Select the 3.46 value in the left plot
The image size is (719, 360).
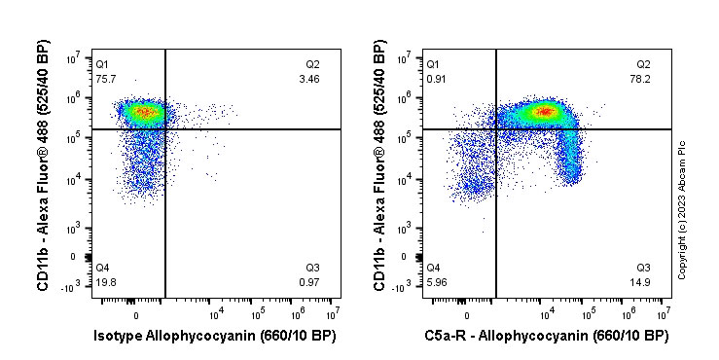[x=311, y=79]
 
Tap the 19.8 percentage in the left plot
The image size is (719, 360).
[x=105, y=282]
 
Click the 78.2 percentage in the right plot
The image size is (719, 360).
[x=642, y=79]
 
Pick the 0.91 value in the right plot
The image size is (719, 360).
[x=436, y=79]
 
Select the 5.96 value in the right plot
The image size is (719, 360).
[x=436, y=282]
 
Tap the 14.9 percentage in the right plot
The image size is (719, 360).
[x=642, y=282]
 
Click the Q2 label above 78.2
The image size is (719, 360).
[x=642, y=64]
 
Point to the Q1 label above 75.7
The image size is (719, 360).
[x=103, y=64]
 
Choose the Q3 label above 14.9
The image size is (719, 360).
[x=642, y=268]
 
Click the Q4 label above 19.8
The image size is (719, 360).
[x=103, y=268]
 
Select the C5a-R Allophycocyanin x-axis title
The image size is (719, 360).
[x=546, y=337]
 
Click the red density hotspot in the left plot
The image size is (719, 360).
[x=144, y=112]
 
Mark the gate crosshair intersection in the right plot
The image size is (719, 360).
[x=496, y=128]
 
